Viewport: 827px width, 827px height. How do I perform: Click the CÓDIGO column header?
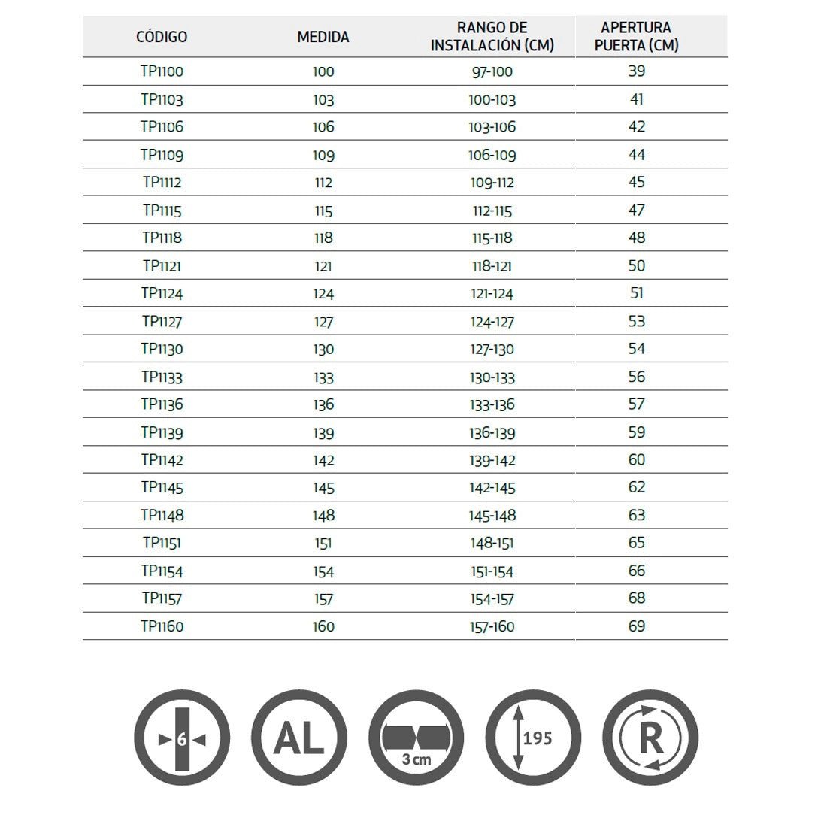(162, 36)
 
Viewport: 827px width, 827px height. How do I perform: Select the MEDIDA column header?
(323, 36)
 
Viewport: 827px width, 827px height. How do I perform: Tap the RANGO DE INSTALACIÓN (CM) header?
(492, 36)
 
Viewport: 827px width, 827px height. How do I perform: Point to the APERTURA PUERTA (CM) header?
(636, 36)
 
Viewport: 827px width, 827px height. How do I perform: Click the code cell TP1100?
(162, 71)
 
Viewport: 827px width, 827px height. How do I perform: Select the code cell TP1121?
(162, 265)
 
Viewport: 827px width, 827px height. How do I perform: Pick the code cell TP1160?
(162, 626)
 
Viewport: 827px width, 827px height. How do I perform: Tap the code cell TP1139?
(162, 432)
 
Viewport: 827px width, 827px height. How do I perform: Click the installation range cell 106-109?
(492, 155)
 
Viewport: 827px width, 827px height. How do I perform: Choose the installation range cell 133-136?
(492, 404)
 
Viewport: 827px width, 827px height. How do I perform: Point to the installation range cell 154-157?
(492, 598)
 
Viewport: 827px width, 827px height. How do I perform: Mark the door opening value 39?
(636, 71)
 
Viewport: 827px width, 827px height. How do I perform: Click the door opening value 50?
(636, 265)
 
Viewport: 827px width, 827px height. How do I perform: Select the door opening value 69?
(636, 626)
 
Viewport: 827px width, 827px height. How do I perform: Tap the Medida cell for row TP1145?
(323, 488)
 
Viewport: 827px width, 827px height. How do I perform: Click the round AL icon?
(299, 739)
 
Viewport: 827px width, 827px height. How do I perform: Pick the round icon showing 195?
(534, 739)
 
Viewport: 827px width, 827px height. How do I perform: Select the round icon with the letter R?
(651, 739)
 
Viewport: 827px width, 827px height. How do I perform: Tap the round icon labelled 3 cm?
(417, 739)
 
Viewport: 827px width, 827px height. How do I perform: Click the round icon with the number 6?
(182, 739)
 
